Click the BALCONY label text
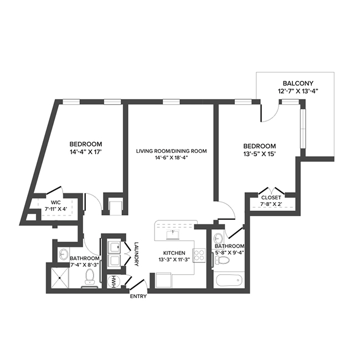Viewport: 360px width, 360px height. click(297, 83)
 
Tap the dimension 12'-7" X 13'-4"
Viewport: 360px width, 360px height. click(297, 91)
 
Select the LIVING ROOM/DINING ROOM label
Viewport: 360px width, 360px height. click(172, 151)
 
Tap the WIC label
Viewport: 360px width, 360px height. click(55, 203)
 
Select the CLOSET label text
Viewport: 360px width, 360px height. click(271, 197)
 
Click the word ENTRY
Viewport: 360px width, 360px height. click(138, 297)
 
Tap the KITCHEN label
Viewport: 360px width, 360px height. click(173, 253)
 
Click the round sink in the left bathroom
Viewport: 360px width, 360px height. click(64, 254)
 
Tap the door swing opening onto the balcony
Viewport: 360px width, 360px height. click(269, 114)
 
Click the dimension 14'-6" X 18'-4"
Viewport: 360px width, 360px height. click(172, 158)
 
